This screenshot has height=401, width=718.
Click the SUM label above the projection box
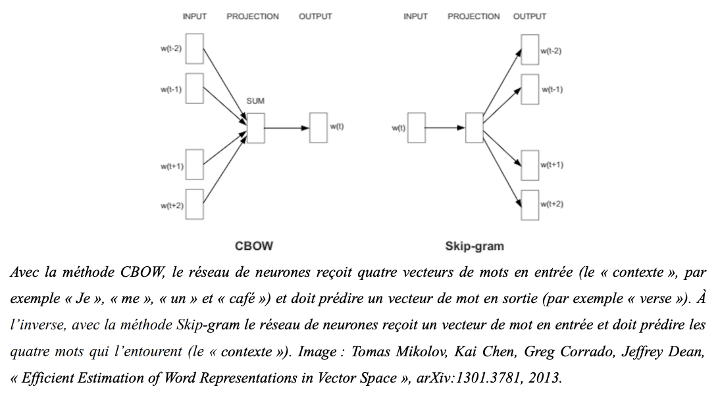(255, 101)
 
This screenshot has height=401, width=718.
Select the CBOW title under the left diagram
(253, 246)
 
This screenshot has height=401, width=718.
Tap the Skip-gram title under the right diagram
(474, 246)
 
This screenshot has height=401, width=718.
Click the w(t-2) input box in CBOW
(195, 49)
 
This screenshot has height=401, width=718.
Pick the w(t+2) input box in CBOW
(195, 204)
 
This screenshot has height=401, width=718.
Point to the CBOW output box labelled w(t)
(319, 128)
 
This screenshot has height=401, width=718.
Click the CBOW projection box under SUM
(255, 128)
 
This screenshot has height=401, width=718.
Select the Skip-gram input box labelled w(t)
(416, 128)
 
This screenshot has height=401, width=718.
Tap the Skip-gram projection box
(474, 128)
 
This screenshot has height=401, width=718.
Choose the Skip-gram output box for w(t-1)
(530, 89)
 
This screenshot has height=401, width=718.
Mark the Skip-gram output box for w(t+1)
(530, 165)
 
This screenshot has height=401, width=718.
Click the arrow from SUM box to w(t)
(287, 128)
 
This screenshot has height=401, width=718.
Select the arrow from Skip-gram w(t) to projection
(445, 128)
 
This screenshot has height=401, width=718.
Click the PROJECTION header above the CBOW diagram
(252, 16)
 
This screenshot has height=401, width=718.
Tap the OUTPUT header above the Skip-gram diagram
(529, 16)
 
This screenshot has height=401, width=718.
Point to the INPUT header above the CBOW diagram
(195, 16)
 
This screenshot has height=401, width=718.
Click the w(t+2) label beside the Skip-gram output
(551, 204)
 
